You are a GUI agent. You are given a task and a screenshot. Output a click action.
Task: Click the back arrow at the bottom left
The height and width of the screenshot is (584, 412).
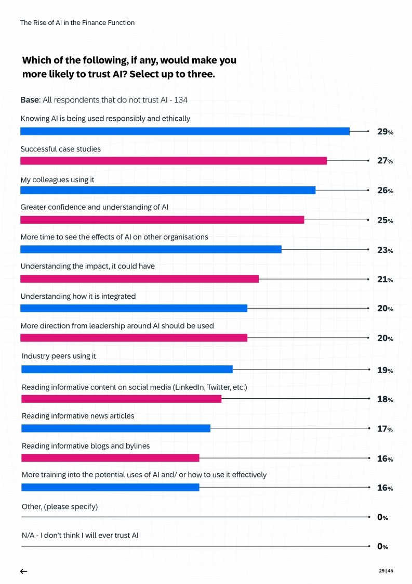click(x=23, y=571)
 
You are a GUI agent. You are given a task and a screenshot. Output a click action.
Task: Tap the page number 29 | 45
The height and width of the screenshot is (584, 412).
click(x=386, y=571)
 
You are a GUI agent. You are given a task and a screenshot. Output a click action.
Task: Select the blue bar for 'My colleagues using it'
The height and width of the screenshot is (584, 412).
click(x=167, y=190)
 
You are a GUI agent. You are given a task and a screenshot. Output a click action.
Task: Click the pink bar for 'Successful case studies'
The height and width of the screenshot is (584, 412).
click(x=173, y=161)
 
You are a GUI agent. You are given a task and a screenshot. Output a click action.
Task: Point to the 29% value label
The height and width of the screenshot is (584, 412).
click(x=384, y=132)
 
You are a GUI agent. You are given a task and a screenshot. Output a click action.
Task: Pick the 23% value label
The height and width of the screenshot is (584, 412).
click(x=384, y=250)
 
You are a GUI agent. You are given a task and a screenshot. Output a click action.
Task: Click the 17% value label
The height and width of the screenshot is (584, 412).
click(x=384, y=429)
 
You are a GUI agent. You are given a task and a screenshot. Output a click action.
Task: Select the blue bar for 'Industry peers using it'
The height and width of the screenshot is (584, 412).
click(x=127, y=370)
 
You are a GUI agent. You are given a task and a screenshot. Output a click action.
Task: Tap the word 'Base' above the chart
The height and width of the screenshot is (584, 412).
click(x=30, y=100)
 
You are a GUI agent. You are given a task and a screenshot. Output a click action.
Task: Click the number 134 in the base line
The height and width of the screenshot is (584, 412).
click(x=188, y=100)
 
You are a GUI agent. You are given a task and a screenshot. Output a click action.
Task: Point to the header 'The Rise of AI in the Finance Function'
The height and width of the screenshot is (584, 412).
click(x=77, y=23)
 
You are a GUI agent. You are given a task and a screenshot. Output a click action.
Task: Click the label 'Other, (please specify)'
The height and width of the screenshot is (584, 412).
click(x=59, y=506)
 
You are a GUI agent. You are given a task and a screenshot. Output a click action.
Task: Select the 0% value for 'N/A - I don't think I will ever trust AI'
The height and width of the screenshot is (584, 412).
click(x=382, y=547)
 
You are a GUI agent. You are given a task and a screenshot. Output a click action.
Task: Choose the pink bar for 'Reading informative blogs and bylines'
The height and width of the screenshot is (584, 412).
click(x=110, y=458)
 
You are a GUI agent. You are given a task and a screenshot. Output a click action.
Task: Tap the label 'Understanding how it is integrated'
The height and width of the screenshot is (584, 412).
click(x=78, y=296)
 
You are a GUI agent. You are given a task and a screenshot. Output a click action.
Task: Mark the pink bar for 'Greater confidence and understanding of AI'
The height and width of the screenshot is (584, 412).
click(x=162, y=220)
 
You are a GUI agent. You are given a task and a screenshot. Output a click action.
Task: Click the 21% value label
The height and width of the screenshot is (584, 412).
click(x=384, y=280)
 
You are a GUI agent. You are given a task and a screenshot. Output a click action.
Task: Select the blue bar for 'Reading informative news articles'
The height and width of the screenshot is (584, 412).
click(x=115, y=428)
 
